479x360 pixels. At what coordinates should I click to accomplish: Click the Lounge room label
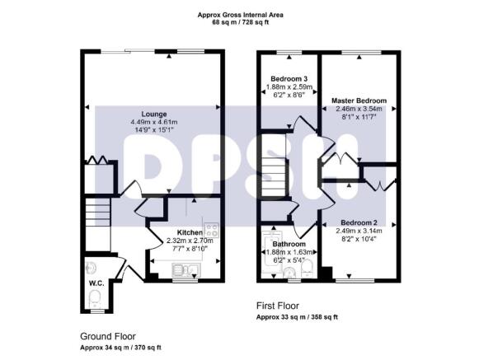click(154, 115)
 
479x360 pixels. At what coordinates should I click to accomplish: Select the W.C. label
click(96, 283)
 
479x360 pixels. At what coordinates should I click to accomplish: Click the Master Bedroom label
click(359, 101)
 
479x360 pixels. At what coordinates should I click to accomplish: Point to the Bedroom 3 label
click(289, 79)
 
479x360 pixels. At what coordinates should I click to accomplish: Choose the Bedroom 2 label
click(359, 222)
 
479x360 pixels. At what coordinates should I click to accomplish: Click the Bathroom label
click(289, 245)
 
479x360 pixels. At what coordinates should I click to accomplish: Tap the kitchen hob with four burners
click(211, 230)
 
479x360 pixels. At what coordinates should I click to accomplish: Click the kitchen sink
click(186, 269)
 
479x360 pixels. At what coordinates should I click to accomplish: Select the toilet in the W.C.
click(95, 298)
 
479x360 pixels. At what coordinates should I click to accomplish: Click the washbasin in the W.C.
click(92, 268)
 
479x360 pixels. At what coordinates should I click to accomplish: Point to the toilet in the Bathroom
click(307, 269)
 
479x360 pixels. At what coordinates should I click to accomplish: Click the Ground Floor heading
click(108, 336)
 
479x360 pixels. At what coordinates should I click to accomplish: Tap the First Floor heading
click(278, 306)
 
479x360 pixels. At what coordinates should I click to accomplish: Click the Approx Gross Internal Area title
click(241, 15)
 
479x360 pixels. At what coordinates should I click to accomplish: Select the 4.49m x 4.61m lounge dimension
click(154, 122)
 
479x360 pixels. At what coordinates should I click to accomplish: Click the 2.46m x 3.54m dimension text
click(359, 109)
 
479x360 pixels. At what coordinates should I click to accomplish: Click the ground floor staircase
click(97, 224)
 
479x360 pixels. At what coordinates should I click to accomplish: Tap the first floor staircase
click(273, 170)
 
